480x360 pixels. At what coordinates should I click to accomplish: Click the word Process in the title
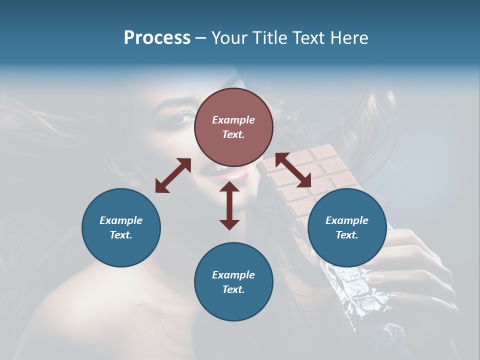[x=157, y=38]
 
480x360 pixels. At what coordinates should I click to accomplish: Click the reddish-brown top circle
[x=233, y=127]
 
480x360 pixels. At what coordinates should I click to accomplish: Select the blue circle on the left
[x=121, y=227]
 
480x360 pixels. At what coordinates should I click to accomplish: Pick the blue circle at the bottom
[x=233, y=282]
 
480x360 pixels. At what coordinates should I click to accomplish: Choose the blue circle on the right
[x=347, y=227]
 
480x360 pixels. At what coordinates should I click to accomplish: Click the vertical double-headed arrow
[x=229, y=205]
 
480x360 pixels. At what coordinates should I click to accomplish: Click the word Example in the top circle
[x=233, y=120]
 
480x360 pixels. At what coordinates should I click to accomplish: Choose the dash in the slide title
[x=200, y=38]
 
